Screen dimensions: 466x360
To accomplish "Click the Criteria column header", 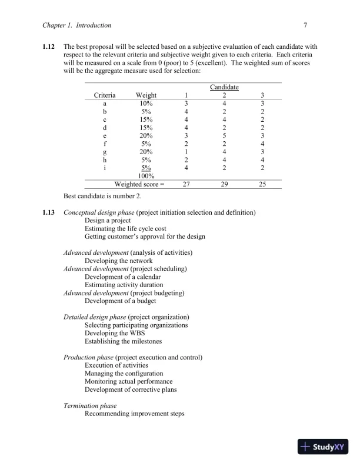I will click(x=105, y=95).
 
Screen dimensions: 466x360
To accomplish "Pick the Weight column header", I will click(x=146, y=95).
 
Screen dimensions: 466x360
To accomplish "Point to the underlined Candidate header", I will click(x=224, y=87).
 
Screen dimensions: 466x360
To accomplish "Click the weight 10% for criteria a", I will click(x=146, y=104).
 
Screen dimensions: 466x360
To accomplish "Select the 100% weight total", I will click(x=146, y=175).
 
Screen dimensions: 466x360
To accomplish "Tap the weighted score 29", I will click(x=224, y=184).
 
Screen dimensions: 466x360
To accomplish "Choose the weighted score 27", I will click(x=186, y=184).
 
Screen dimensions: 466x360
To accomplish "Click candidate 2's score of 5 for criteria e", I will click(x=224, y=135).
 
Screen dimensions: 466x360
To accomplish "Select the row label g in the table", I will click(x=105, y=151).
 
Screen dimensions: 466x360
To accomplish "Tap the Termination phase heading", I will click(x=89, y=406).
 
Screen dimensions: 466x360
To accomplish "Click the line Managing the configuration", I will click(x=124, y=374).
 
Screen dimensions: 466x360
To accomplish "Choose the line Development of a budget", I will click(x=120, y=301).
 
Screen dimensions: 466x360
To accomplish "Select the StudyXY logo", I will click(x=324, y=447).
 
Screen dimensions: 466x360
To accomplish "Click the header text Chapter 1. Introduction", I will click(x=77, y=25).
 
